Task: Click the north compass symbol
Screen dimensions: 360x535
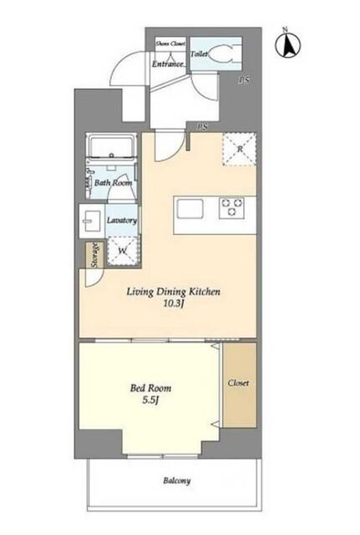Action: coord(287,44)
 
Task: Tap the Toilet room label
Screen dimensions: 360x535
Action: coord(199,53)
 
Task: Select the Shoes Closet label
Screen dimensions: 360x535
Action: coord(170,43)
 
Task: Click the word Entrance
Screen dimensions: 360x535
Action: coord(168,64)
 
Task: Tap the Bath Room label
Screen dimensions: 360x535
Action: coord(113,182)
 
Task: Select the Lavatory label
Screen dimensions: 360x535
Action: coord(122,220)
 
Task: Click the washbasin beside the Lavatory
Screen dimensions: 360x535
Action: coord(91,221)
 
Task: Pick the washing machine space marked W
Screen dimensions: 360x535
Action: coord(123,251)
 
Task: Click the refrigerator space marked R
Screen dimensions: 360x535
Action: coord(240,149)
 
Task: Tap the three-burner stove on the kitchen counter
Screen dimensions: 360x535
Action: coord(232,206)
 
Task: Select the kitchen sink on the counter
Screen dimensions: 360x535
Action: coord(190,208)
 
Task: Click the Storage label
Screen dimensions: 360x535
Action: coord(95,254)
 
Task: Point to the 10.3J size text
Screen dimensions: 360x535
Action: coord(174,303)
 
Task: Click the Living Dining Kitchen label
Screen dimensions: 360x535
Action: coord(174,292)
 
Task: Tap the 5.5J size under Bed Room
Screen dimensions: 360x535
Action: coord(151,400)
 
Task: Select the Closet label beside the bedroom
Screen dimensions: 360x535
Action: coord(238,383)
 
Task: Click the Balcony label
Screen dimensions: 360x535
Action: coord(176,481)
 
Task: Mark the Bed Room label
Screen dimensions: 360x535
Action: coord(150,388)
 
